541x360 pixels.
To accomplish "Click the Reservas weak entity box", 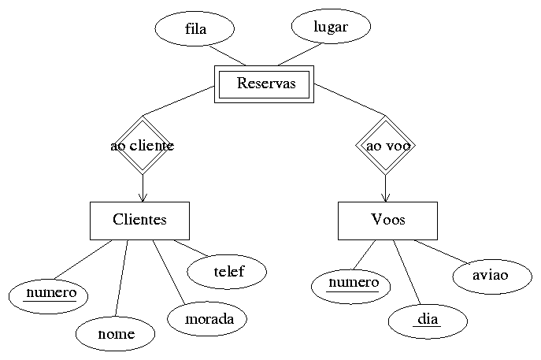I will (x=265, y=84).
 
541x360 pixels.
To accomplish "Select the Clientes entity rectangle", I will (x=139, y=220).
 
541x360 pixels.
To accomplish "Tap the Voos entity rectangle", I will (x=387, y=220).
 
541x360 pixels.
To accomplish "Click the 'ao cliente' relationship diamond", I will (x=142, y=146).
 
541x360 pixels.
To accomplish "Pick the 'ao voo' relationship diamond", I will (x=386, y=146).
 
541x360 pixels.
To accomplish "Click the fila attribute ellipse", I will (x=195, y=30).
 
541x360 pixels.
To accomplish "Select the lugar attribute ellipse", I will (x=331, y=27).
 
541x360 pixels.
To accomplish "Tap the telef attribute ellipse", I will (x=228, y=272).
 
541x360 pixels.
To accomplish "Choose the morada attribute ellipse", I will (x=207, y=319).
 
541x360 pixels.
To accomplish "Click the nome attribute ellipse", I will (x=116, y=333).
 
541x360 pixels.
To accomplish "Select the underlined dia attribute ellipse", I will (x=428, y=320).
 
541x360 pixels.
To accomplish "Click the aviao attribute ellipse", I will (x=491, y=275).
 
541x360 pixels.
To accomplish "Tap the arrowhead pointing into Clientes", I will (x=143, y=197).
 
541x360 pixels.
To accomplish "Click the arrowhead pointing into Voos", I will (x=386, y=197).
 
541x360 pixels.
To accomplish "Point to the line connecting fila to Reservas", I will (x=228, y=54).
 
